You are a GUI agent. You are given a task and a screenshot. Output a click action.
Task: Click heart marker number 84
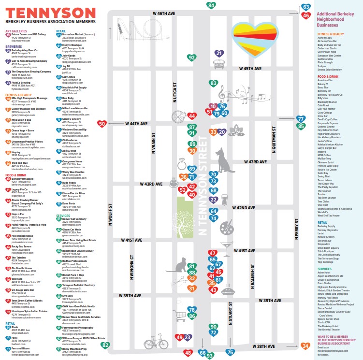coord(211,6)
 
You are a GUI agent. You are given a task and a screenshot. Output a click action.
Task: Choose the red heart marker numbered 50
coord(102,124)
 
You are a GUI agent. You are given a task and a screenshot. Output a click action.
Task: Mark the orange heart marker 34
coord(305,346)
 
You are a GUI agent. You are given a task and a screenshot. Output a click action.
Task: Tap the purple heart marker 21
coord(219,54)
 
